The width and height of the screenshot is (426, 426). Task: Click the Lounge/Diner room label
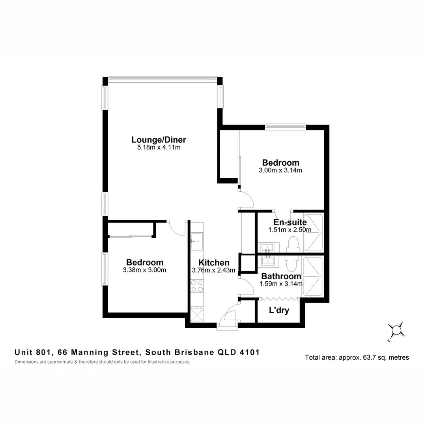[159, 140]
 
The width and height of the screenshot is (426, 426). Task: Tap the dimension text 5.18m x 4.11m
[159, 148]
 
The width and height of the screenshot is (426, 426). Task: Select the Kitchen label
[214, 263]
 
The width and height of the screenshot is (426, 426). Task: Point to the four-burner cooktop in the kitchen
[196, 286]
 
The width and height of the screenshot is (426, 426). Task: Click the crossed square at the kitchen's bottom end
[197, 315]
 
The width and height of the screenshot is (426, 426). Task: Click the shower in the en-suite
[314, 233]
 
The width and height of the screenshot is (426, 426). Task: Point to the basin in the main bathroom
[268, 260]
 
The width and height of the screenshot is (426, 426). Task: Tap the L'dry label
[279, 310]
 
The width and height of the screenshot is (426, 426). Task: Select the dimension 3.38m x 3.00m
[144, 270]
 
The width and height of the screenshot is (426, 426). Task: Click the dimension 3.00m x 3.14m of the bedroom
[280, 170]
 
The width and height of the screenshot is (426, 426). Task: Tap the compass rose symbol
[397, 329]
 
